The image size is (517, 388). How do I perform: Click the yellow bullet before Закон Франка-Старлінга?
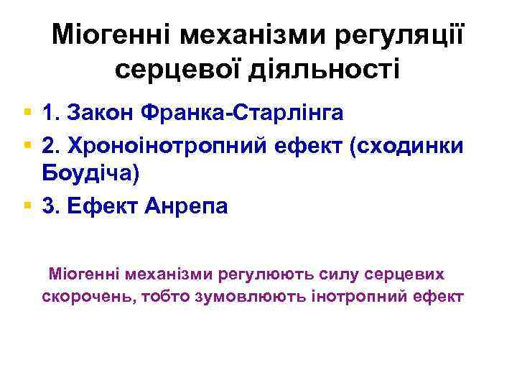27,113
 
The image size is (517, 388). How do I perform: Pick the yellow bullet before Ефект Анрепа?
27,207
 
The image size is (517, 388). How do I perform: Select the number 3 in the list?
50,207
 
